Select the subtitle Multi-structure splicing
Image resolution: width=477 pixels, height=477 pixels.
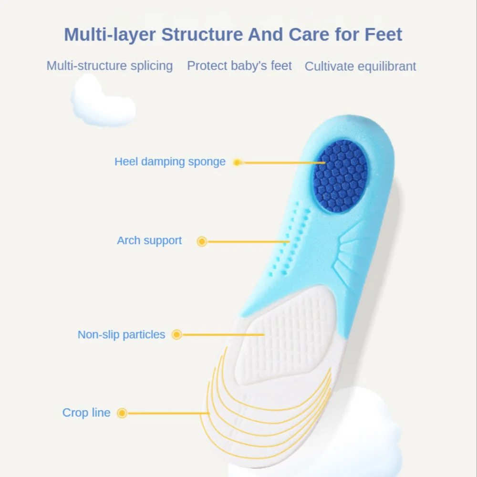coord(110,66)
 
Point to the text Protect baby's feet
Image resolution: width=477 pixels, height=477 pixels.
coord(239,66)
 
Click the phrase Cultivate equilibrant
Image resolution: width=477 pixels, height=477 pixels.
coord(361,66)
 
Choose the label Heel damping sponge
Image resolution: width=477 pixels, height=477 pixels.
coord(170,162)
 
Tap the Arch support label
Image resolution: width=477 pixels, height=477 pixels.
coord(149,240)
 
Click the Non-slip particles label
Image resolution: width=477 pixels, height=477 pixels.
coord(121,335)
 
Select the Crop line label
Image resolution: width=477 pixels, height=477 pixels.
coord(86,413)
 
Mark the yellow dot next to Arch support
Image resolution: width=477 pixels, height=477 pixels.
coord(202,241)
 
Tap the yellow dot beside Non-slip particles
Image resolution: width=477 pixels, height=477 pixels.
coord(177,335)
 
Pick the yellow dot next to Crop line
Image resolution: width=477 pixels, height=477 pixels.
coord(122,413)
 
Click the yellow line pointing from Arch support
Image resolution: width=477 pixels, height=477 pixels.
coord(248,241)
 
